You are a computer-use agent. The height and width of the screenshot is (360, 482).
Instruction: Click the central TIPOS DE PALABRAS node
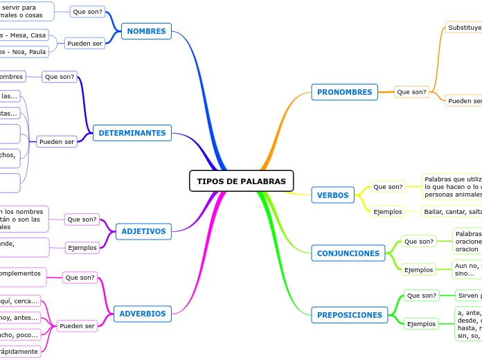241,181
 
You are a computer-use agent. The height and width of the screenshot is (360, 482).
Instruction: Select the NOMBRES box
146,31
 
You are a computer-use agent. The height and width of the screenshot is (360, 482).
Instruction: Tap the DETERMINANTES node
132,133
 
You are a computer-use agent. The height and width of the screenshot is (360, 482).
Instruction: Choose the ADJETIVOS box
143,231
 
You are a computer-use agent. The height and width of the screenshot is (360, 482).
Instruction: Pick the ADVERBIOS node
143,314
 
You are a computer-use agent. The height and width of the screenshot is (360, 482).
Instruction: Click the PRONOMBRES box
344,92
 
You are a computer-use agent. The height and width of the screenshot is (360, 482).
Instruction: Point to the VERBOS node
332,195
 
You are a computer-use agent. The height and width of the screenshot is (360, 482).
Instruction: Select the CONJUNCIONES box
348,253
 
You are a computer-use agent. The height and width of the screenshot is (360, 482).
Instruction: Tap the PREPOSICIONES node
349,315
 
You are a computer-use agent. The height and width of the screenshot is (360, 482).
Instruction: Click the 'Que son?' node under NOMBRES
87,12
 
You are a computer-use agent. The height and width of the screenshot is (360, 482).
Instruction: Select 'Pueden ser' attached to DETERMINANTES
57,141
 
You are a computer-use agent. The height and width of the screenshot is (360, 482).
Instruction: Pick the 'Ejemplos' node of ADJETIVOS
82,247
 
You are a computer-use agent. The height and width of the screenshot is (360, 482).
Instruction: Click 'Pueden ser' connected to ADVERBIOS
77,325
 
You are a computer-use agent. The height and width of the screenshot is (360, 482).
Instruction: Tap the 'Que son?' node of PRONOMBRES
411,92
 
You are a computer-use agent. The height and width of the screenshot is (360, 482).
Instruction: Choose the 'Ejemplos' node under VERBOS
388,211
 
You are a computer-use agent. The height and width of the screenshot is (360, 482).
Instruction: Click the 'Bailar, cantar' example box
452,211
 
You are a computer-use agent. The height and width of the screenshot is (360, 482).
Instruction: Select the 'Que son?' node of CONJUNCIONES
418,242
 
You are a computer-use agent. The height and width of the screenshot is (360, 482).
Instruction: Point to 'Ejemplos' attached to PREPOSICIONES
421,323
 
